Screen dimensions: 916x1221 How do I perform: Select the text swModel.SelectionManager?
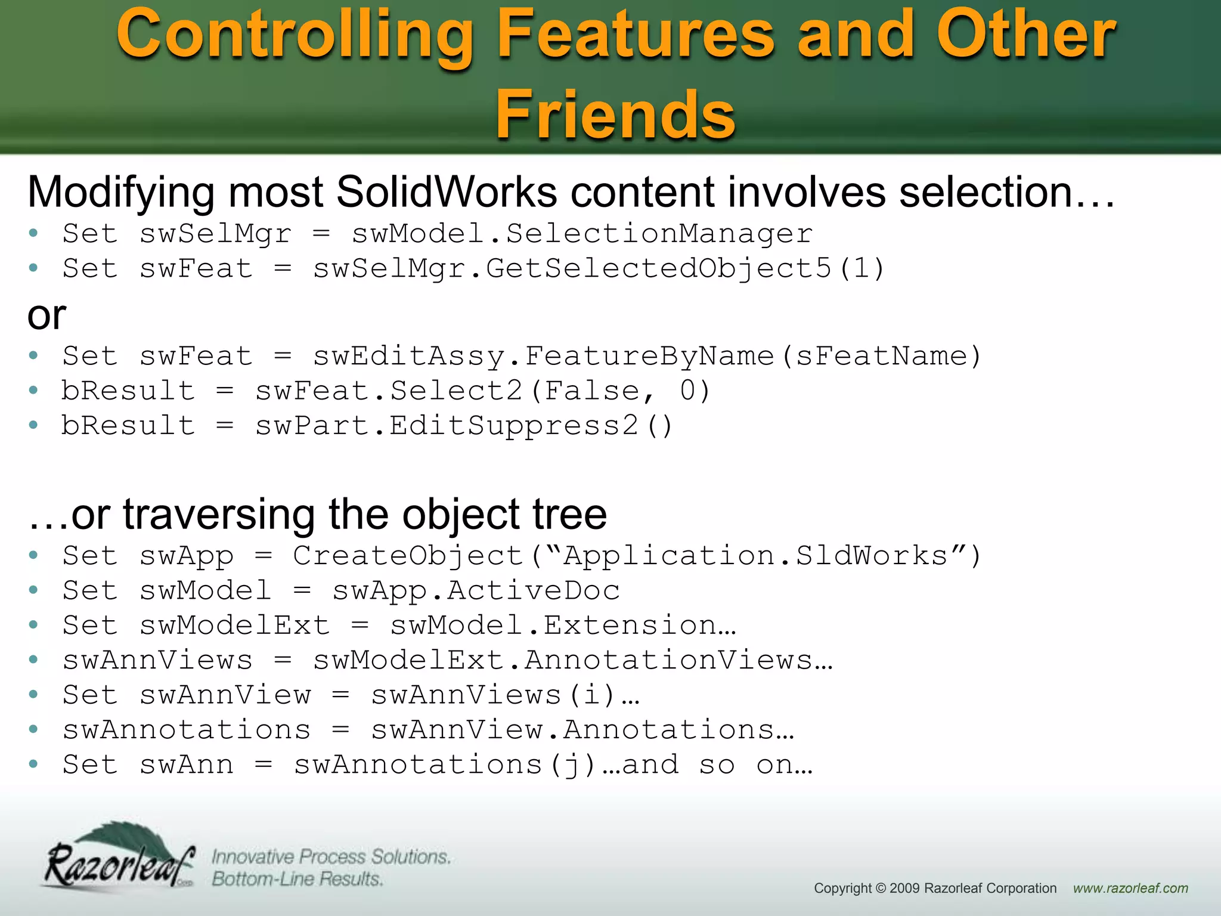coord(582,234)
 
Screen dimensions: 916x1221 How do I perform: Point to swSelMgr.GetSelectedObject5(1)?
coord(599,268)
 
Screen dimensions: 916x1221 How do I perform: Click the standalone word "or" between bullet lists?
coord(47,315)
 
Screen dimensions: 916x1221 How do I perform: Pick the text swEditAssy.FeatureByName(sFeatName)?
coord(647,356)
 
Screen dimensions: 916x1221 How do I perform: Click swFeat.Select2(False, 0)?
coord(483,391)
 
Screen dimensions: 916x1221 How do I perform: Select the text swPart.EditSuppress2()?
coord(464,426)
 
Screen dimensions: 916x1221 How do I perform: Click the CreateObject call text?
coord(637,556)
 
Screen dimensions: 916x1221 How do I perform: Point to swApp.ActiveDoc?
coord(476,590)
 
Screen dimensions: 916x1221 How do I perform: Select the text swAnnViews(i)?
coord(494,695)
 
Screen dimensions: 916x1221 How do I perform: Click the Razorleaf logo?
coord(119,858)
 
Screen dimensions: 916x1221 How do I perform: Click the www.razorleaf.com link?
coord(1130,888)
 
